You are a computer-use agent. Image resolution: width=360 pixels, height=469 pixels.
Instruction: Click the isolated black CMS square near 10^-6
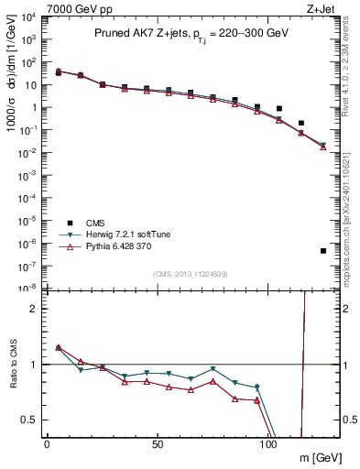[323, 251]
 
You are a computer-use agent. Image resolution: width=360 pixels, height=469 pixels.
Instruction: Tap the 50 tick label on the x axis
[158, 443]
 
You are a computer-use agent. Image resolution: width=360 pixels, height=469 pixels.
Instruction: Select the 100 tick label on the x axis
[268, 443]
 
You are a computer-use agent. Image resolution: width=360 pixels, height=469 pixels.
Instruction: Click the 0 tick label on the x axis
[47, 443]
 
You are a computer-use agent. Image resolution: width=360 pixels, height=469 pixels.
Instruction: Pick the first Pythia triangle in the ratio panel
[59, 347]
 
